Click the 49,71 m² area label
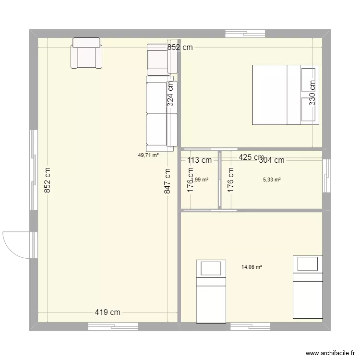[x=148, y=155]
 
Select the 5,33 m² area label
[x=272, y=180]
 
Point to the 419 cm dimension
[x=107, y=312]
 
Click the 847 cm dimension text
[x=167, y=181]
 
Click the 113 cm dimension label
[x=199, y=160]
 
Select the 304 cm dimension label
[x=272, y=160]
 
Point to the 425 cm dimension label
[x=251, y=157]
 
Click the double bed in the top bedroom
[x=286, y=95]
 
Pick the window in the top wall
[x=245, y=34]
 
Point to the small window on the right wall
[x=327, y=175]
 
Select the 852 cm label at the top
[x=180, y=47]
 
